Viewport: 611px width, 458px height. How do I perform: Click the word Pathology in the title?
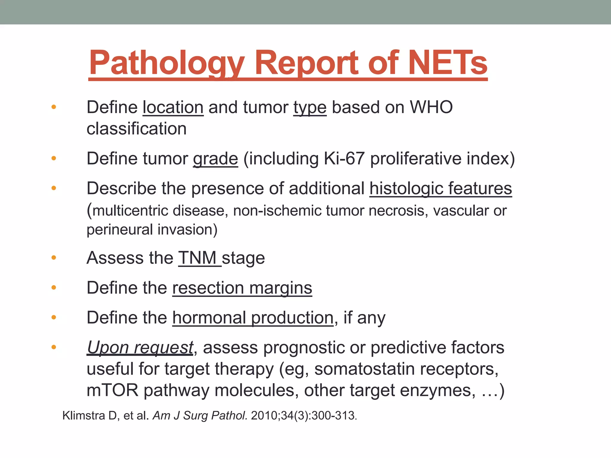167,63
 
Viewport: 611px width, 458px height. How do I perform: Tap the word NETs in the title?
448,63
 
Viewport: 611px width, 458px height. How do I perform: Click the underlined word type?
310,108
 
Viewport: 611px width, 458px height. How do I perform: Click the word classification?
136,129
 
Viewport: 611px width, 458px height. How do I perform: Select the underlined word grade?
215,159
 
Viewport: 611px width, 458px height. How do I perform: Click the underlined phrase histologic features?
441,189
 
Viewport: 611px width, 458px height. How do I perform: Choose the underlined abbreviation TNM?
198,258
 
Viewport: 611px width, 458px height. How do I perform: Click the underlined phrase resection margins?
242,288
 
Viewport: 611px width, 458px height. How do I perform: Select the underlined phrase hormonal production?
253,318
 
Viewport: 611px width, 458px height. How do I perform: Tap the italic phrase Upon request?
140,348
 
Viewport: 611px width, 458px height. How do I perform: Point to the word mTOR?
112,390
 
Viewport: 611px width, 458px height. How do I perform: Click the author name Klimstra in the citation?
84,416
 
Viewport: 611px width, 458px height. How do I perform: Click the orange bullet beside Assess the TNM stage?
54,258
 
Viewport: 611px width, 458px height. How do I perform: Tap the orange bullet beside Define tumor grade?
54,158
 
